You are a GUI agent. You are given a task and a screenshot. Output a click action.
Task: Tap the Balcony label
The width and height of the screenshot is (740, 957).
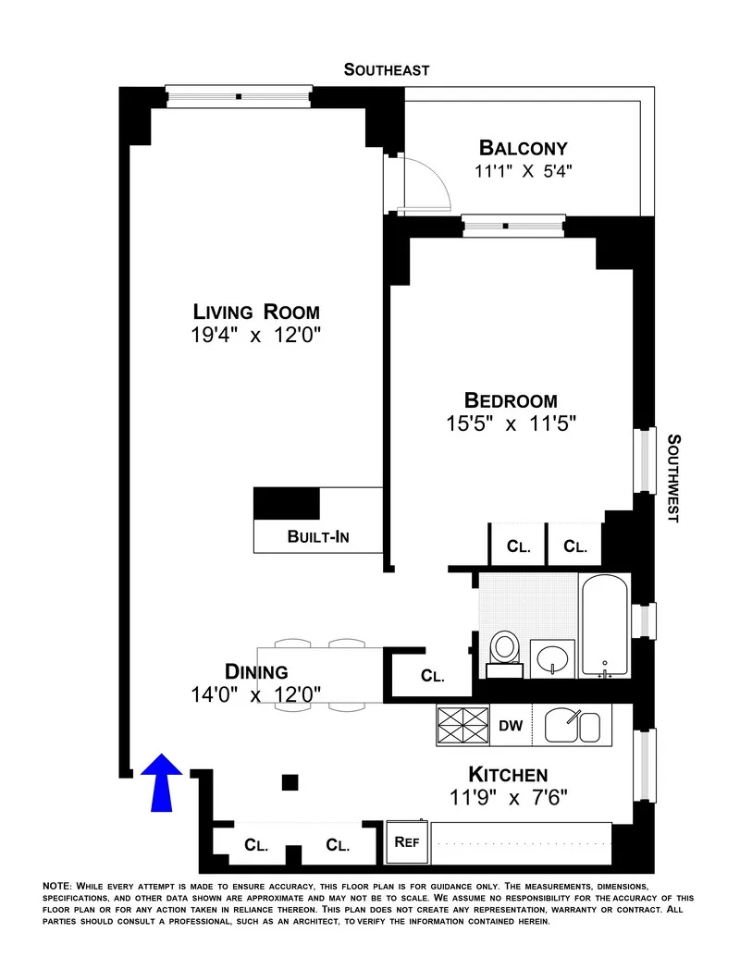(x=523, y=148)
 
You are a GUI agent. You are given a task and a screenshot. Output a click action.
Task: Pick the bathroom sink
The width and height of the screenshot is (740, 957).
(x=553, y=658)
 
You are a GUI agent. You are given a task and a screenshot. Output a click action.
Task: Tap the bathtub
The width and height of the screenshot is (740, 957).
(x=605, y=626)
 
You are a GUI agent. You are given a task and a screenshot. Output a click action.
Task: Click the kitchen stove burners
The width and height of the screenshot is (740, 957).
(x=462, y=726)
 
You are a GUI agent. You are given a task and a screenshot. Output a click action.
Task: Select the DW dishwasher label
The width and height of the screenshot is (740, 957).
(x=511, y=726)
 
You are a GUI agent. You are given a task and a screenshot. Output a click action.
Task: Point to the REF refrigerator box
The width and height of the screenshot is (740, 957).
(x=407, y=841)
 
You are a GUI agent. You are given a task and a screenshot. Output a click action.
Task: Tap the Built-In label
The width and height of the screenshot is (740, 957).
(x=317, y=536)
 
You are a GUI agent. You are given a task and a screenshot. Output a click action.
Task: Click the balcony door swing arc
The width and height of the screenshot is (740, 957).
(x=435, y=180)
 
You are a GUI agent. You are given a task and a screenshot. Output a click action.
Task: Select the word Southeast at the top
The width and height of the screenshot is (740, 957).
(x=387, y=69)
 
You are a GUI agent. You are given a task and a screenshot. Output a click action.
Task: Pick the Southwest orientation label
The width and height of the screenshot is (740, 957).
(x=673, y=478)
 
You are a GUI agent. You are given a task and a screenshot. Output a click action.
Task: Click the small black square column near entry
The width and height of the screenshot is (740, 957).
(x=290, y=782)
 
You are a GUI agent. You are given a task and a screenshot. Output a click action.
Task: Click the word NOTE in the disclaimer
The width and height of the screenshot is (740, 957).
(x=58, y=886)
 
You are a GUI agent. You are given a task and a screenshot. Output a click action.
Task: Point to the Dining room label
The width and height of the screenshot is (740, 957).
(x=256, y=672)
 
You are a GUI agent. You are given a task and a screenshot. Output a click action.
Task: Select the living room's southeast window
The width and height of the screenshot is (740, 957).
(x=238, y=95)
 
